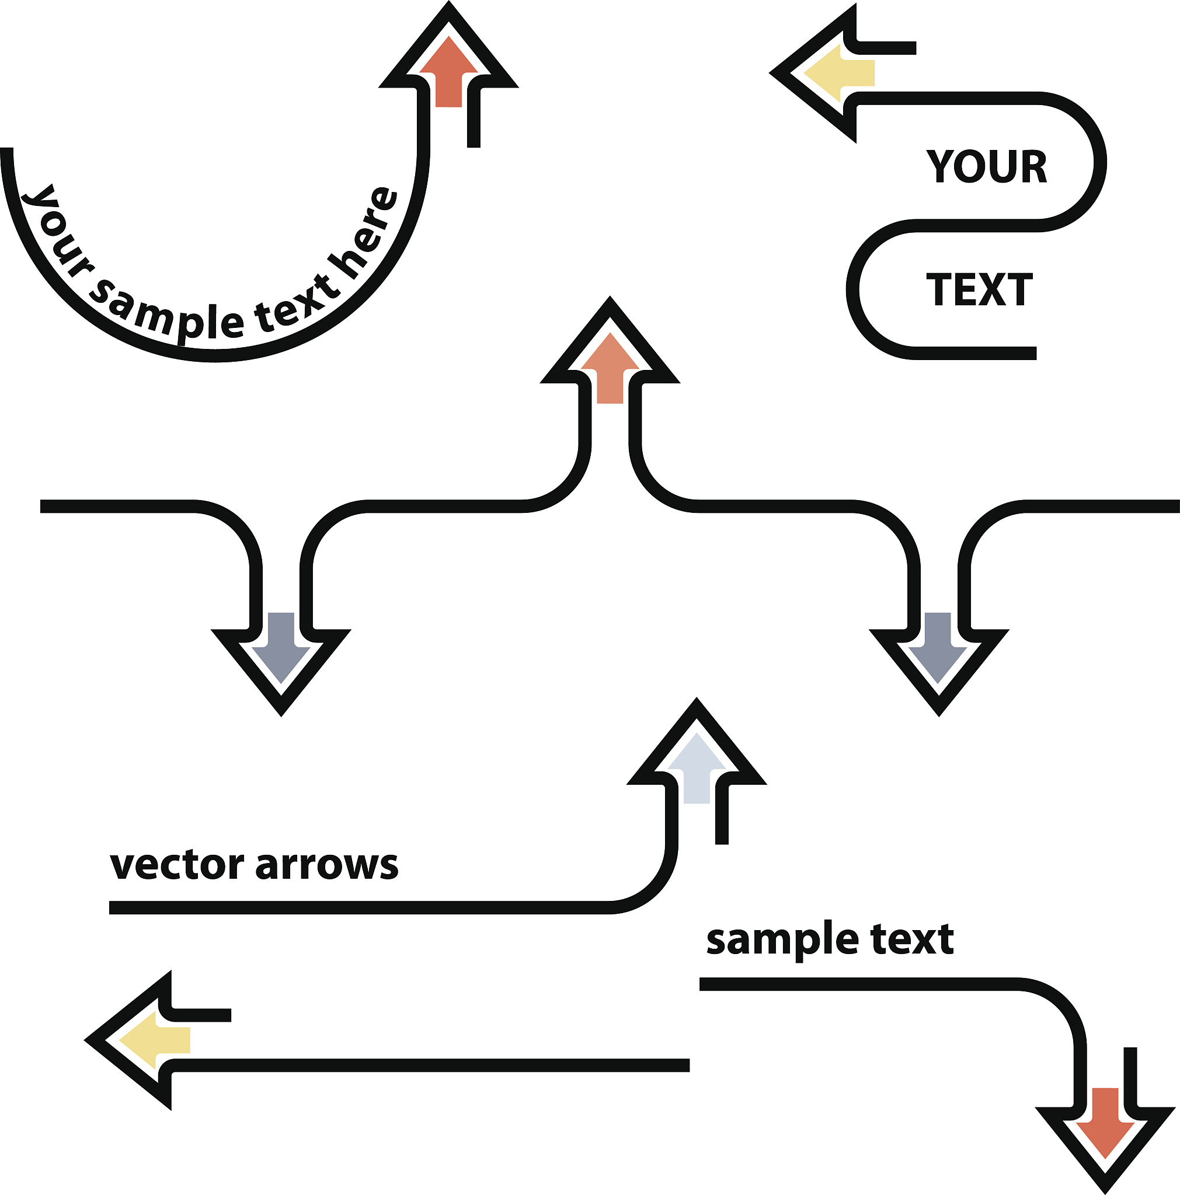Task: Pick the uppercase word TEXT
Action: pos(979,289)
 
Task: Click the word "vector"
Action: pos(176,865)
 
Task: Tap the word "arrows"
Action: pos(327,865)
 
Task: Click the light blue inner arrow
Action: pos(697,770)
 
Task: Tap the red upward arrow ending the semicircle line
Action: pos(448,73)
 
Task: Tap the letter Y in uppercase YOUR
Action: pos(941,166)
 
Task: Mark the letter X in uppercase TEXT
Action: pos(991,289)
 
